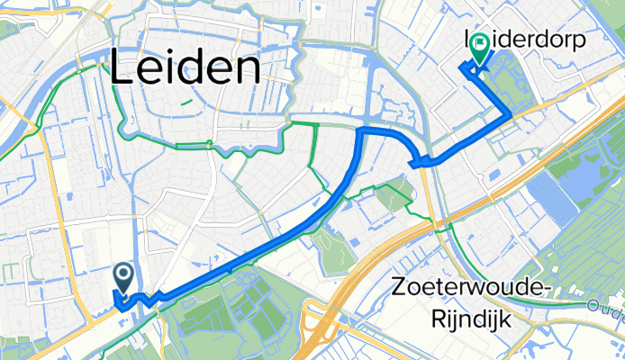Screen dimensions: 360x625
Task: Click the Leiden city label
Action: [186, 69]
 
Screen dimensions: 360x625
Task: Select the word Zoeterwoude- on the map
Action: [470, 289]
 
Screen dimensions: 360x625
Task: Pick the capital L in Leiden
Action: [124, 69]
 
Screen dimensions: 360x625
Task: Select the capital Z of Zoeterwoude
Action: [403, 289]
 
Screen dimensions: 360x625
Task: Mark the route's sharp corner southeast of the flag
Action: [511, 113]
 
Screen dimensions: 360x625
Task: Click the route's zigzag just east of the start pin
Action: [153, 297]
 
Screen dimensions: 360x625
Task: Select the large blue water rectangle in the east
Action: [551, 198]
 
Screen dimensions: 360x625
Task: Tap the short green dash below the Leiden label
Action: [186, 102]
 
